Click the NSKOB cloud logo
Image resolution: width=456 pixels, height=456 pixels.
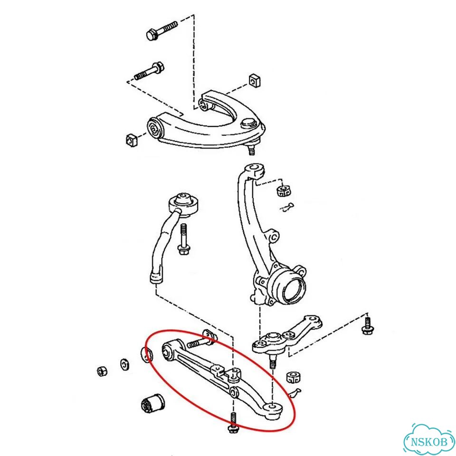[429, 441]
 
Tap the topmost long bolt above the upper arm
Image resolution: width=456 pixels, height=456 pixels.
[162, 30]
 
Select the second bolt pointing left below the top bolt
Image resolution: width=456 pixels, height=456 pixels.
[150, 71]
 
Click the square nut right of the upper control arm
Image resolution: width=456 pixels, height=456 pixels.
[255, 81]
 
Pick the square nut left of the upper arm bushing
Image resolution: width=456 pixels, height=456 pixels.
[132, 141]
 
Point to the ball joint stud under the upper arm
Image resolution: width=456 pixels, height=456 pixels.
[251, 150]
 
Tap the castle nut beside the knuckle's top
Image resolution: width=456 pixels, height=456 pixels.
[284, 190]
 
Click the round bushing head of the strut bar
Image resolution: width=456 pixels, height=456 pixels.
[183, 204]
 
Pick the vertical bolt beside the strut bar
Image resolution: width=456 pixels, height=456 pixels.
[183, 239]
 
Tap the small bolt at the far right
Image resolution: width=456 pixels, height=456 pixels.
[367, 326]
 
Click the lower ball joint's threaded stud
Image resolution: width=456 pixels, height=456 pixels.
[272, 362]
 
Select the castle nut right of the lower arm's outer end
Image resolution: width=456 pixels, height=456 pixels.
[293, 378]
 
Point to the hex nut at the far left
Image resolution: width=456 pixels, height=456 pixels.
[102, 371]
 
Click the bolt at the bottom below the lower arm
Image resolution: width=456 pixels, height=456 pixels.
[233, 423]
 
